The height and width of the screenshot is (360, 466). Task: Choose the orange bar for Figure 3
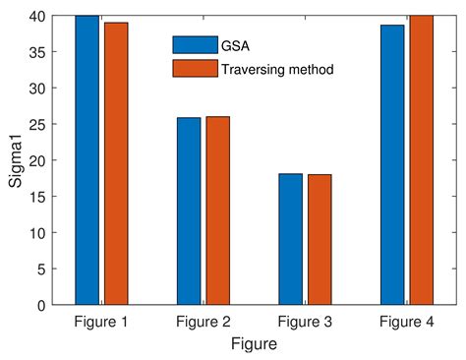[x=320, y=240]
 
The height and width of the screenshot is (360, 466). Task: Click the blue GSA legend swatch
[x=195, y=44]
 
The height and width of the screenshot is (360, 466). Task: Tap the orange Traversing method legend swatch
[x=195, y=69]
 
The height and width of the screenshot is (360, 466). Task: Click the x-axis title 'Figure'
[x=254, y=344]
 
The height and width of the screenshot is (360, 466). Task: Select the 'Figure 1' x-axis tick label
[x=101, y=322]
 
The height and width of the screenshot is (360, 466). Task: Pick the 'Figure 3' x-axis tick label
[x=305, y=322]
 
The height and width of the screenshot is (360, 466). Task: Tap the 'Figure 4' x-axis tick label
[x=407, y=322]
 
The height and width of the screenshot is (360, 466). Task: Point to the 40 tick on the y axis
[x=37, y=16]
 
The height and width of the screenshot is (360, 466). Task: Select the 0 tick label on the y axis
[x=41, y=305]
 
